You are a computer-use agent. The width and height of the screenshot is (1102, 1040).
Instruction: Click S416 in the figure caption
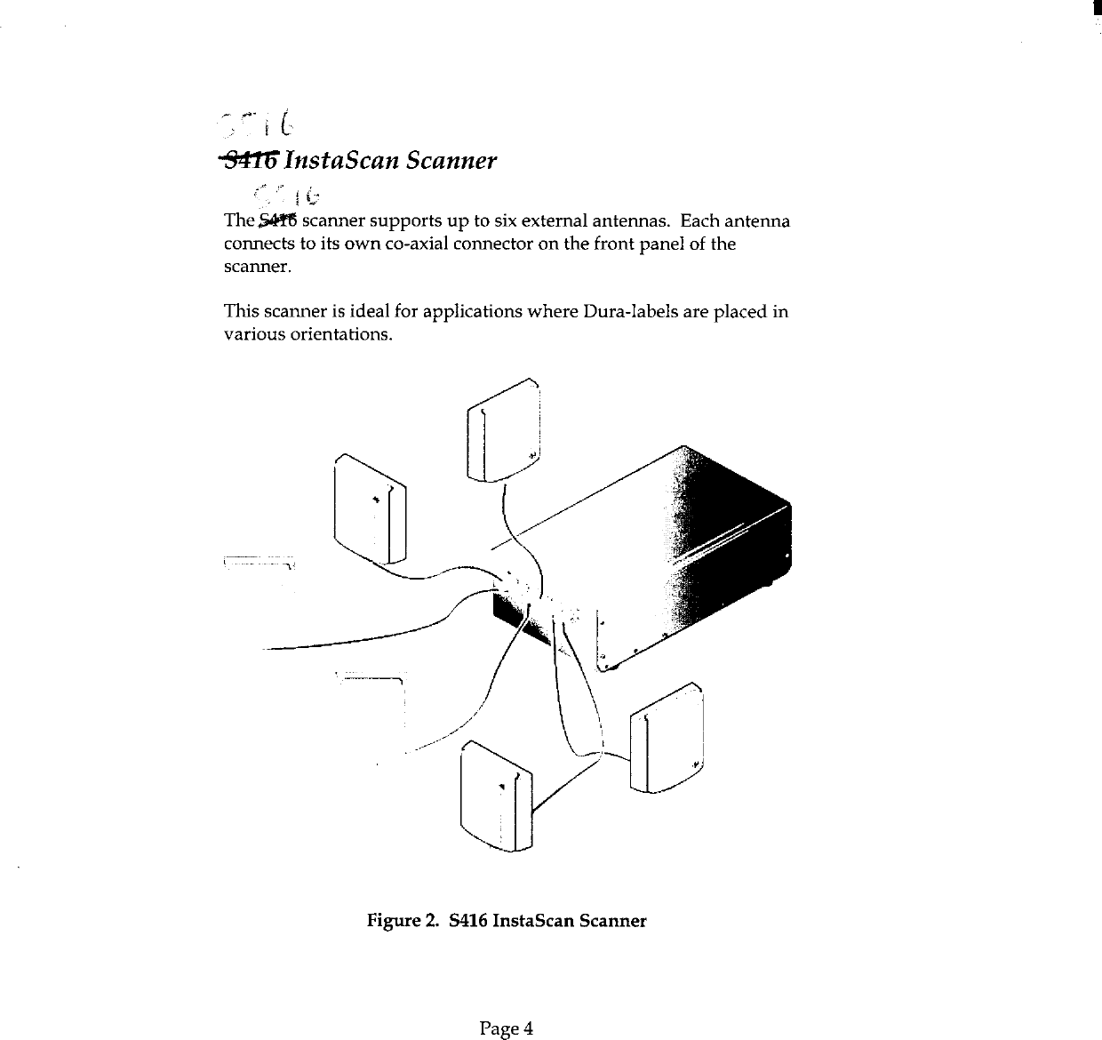point(470,921)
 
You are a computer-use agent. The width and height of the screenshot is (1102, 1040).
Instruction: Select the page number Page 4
point(506,1029)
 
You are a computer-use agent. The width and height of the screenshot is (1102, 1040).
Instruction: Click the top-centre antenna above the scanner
point(503,431)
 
